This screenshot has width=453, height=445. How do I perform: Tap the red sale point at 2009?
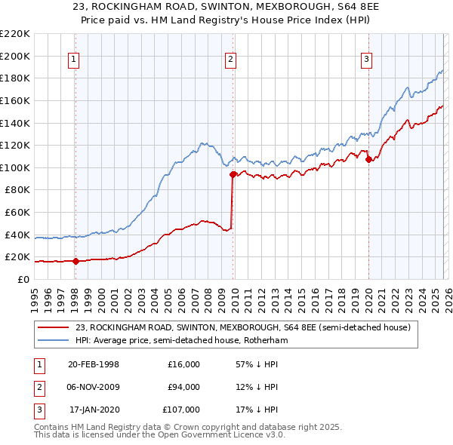pyautogui.click(x=233, y=174)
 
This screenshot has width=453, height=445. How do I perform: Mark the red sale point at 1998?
pyautogui.click(x=75, y=262)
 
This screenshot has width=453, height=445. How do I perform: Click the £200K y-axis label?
pyautogui.click(x=15, y=56)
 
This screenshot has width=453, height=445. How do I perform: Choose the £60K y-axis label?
pyautogui.click(x=17, y=212)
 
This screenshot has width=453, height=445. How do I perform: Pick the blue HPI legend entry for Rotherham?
pyautogui.click(x=181, y=341)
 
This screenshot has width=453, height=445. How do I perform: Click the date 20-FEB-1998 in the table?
pyautogui.click(x=93, y=364)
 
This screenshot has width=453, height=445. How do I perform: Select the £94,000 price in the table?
pyautogui.click(x=183, y=387)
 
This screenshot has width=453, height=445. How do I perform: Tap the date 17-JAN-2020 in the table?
pyautogui.click(x=94, y=410)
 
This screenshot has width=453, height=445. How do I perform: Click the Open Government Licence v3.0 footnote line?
pyautogui.click(x=159, y=435)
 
